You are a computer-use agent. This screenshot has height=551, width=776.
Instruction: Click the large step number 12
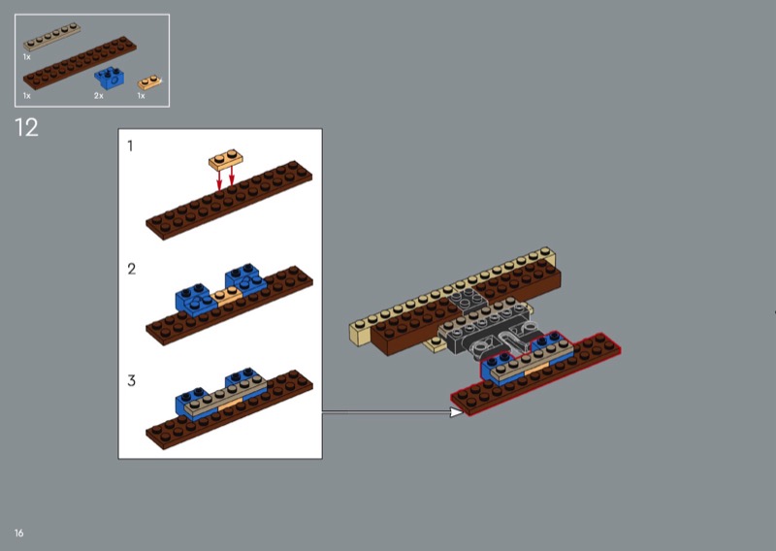coord(26,128)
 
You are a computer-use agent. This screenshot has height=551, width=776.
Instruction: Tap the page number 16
coord(18,533)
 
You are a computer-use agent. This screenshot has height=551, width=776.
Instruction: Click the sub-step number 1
coord(130,146)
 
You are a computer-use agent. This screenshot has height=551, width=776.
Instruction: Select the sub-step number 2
coord(131,269)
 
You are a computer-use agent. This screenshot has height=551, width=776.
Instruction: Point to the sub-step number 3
coord(131,380)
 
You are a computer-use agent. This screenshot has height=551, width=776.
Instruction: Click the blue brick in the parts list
coord(110,79)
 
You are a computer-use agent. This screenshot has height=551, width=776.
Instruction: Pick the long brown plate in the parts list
coord(80,63)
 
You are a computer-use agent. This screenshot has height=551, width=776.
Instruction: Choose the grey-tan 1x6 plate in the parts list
coord(52,37)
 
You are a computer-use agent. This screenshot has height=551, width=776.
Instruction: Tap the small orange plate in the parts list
coord(149,82)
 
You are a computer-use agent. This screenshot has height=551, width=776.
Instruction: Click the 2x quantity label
coord(99,95)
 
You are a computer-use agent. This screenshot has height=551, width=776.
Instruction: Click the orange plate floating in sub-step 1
coord(226,159)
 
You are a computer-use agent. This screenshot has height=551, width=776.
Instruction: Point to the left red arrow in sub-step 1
coord(219,179)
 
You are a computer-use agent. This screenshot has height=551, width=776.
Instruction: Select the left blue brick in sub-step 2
coord(197,300)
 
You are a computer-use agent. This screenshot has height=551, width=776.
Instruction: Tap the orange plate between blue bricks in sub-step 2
coord(227,296)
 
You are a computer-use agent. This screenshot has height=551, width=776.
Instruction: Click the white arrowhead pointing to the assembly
coord(457,412)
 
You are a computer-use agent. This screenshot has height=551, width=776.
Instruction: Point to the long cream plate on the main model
coord(452,294)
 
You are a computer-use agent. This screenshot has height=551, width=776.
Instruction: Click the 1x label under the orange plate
coord(141,95)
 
